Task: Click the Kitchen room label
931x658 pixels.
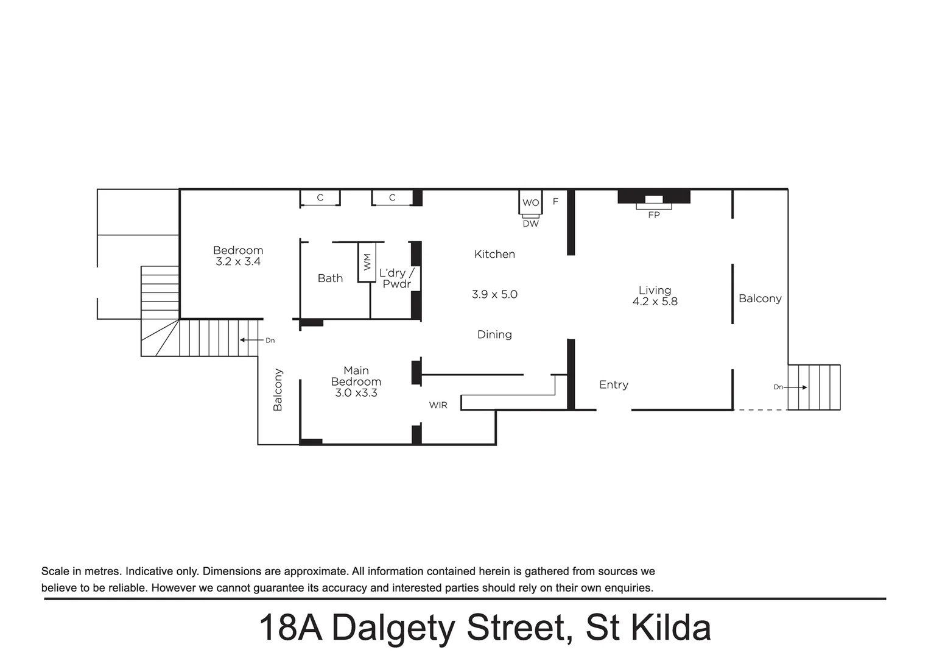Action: [494, 254]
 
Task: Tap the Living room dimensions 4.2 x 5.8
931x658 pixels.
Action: [655, 302]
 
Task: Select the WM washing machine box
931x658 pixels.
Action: [367, 262]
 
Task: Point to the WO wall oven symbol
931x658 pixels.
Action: [530, 202]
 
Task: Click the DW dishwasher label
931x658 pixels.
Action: [530, 224]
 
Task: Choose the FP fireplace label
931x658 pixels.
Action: [653, 215]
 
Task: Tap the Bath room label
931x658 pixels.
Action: [330, 278]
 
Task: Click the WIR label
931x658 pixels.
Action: [438, 405]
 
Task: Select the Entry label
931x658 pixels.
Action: [613, 384]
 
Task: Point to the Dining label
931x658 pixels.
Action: [494, 334]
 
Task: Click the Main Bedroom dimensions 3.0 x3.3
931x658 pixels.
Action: [356, 393]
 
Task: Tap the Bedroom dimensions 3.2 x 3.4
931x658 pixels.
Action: [238, 261]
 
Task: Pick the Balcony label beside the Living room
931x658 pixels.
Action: [759, 299]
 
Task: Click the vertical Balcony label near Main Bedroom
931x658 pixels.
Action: [278, 389]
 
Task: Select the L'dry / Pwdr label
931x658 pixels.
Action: [396, 278]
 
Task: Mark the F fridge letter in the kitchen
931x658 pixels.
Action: [555, 201]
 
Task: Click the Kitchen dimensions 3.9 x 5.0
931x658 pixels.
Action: [494, 294]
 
